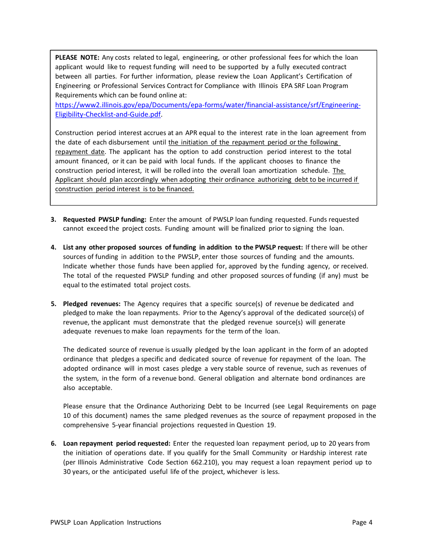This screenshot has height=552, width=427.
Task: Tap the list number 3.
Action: pos(53,219)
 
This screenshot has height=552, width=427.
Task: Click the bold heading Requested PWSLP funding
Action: pos(104,219)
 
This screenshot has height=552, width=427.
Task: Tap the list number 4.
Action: pos(53,247)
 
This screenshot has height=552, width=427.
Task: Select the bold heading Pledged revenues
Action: pos(92,304)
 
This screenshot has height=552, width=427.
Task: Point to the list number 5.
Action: pos(53,304)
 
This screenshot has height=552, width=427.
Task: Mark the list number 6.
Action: pos(53,443)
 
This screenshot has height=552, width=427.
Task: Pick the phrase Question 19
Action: pos(262,425)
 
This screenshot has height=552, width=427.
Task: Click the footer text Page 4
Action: pos(362,522)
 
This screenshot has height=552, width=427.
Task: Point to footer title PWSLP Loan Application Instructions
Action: pos(106,522)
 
